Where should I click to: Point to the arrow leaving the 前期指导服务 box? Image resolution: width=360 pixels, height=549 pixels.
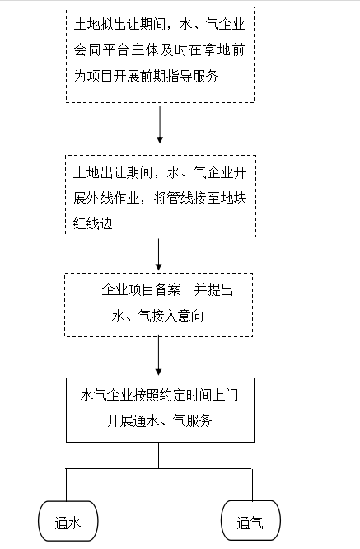pos(160,124)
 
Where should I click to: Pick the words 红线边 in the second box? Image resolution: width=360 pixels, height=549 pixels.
pos(93,223)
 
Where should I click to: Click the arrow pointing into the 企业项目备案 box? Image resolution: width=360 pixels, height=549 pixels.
pos(158,254)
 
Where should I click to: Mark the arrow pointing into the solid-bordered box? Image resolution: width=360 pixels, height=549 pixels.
pos(158,356)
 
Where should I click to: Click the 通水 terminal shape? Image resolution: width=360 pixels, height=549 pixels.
pos(68,521)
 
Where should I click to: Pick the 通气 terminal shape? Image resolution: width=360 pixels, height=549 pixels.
pos(250,521)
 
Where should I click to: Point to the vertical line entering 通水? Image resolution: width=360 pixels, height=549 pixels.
pos(66,485)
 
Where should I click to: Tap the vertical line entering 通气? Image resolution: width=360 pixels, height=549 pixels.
pos(252,485)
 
